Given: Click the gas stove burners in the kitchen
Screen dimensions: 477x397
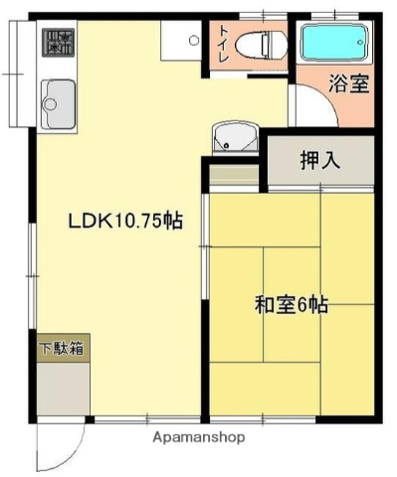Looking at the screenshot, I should click(x=58, y=42).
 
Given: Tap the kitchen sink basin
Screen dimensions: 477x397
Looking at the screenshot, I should click(x=58, y=100).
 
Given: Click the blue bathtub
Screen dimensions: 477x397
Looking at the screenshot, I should click(x=334, y=43).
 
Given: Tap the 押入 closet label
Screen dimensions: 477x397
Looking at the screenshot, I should click(x=318, y=160).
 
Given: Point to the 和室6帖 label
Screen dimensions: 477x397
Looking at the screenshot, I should click(x=291, y=305).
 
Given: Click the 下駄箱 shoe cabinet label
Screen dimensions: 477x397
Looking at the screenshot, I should click(x=62, y=349).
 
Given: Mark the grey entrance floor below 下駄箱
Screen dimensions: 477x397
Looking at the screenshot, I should click(x=64, y=391).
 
